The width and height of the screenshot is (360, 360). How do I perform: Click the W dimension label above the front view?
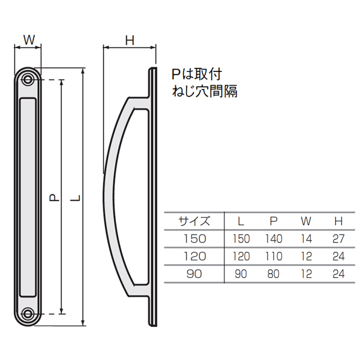click(29, 40)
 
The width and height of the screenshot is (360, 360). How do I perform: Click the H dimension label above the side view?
click(130, 41)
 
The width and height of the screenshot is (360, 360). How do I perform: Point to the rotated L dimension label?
click(77, 198)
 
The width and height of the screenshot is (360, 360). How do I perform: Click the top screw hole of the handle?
click(28, 79)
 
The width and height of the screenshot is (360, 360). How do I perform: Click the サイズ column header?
click(194, 221)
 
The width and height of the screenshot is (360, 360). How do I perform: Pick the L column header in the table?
click(241, 221)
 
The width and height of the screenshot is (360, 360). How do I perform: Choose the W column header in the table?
click(306, 221)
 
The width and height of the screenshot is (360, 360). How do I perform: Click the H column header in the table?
click(338, 221)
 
